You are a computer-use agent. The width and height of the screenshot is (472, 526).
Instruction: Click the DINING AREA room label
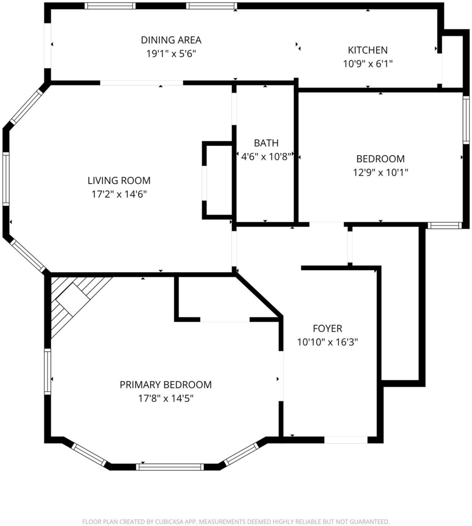pyautogui.click(x=171, y=40)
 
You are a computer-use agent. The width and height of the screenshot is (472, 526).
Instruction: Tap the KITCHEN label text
pyautogui.click(x=368, y=50)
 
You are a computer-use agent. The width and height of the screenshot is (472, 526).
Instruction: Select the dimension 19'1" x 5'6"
pyautogui.click(x=171, y=53)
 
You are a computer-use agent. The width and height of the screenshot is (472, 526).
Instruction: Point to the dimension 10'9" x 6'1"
pyautogui.click(x=368, y=64)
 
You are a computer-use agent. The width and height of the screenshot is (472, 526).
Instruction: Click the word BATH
pyautogui.click(x=266, y=143)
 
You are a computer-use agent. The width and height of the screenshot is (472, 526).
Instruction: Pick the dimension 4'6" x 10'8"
pyautogui.click(x=266, y=157)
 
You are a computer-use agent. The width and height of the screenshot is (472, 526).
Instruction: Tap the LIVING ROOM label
pyautogui.click(x=119, y=180)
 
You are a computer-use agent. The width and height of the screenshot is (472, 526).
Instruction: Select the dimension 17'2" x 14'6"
pyautogui.click(x=119, y=194)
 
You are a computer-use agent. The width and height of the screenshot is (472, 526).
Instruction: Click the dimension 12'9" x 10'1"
pyautogui.click(x=380, y=173)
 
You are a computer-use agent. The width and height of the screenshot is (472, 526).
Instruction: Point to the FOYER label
pyautogui.click(x=328, y=328)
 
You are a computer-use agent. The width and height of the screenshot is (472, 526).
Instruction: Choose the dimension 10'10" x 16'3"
pyautogui.click(x=328, y=342)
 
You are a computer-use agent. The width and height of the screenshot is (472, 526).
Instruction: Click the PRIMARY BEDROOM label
pyautogui.click(x=166, y=385)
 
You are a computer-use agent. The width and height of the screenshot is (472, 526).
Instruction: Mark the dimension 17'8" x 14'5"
pyautogui.click(x=166, y=399)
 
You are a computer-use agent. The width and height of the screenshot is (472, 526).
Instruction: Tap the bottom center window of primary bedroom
pyautogui.click(x=170, y=466)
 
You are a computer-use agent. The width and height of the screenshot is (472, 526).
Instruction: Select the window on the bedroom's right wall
pyautogui.click(x=466, y=120)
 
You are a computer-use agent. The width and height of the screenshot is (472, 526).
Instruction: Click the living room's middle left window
pyautogui.click(x=6, y=178)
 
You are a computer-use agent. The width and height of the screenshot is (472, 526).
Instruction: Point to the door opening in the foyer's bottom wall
pyautogui.click(x=346, y=440)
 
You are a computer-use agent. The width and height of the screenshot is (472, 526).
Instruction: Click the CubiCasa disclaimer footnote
pyautogui.click(x=236, y=521)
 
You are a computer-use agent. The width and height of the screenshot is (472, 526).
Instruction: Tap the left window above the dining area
pyautogui.click(x=110, y=6)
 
